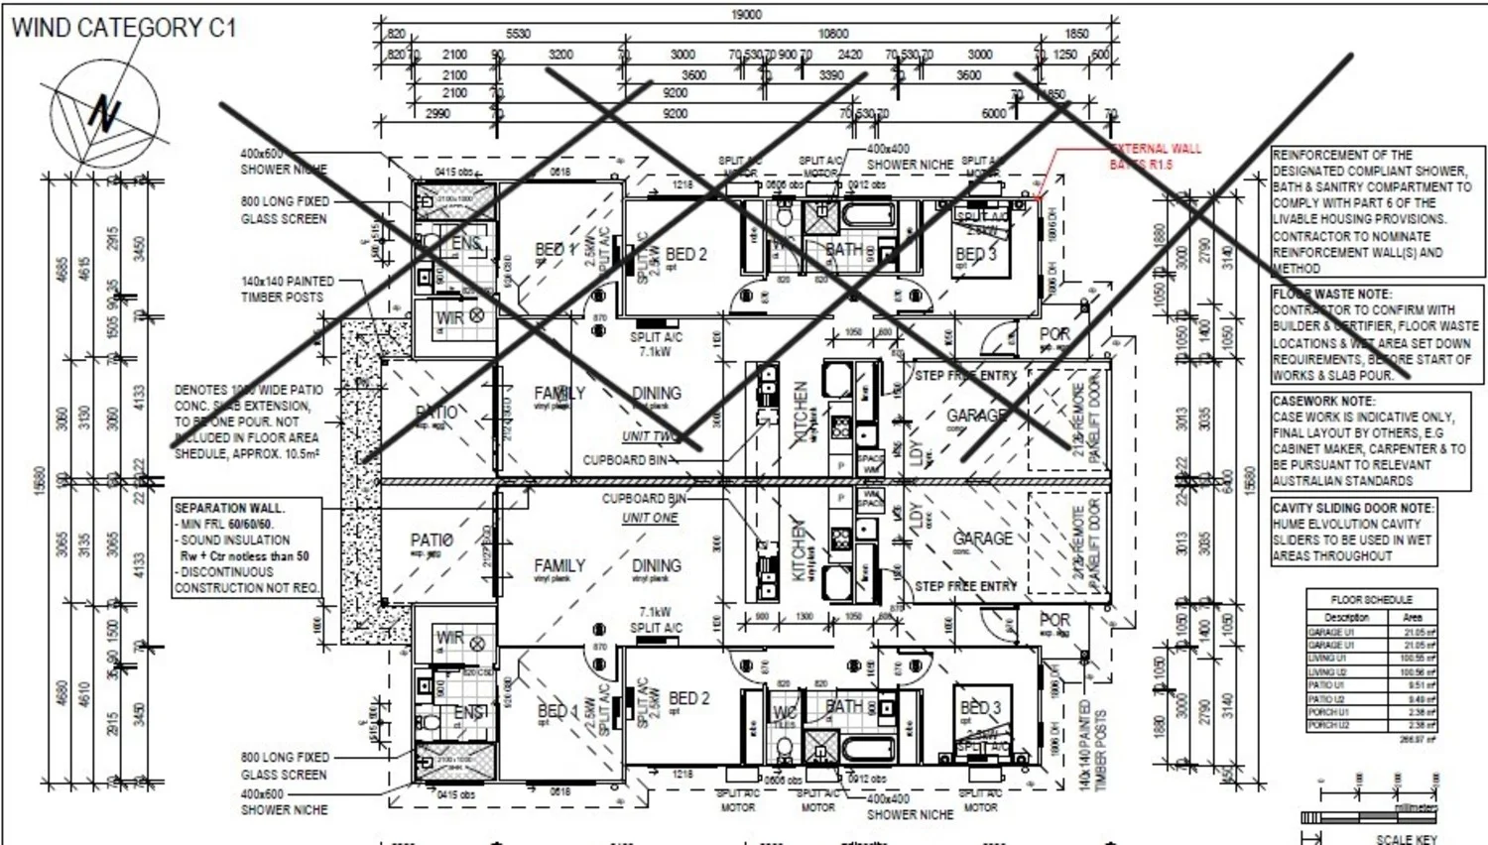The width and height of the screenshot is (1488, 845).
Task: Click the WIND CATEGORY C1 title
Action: click(124, 28)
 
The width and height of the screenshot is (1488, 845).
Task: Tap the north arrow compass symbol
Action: click(104, 111)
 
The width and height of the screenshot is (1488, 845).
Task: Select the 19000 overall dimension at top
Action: click(746, 14)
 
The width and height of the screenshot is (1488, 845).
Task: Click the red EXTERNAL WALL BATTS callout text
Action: click(1155, 156)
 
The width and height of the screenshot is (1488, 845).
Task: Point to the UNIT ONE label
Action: click(650, 518)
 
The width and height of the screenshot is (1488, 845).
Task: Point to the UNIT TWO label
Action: click(650, 436)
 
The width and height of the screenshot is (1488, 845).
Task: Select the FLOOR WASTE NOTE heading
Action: click(1332, 295)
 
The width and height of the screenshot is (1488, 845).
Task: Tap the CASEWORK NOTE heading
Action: click(1323, 402)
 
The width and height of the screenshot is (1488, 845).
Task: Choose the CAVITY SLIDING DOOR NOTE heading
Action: click(1353, 508)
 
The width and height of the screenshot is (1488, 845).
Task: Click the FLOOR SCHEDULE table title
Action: click(1371, 600)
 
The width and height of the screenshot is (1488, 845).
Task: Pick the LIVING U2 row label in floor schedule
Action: click(1326, 671)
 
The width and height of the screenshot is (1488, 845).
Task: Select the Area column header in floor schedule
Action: click(1413, 617)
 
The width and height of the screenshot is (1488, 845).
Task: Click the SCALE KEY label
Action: click(1406, 839)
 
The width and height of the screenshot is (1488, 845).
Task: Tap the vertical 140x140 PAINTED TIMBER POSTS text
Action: click(1091, 745)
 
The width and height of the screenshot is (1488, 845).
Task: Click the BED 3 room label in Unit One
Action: click(980, 708)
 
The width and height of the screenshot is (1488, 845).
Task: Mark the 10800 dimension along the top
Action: click(832, 34)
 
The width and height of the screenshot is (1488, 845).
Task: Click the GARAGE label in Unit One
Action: click(982, 539)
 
